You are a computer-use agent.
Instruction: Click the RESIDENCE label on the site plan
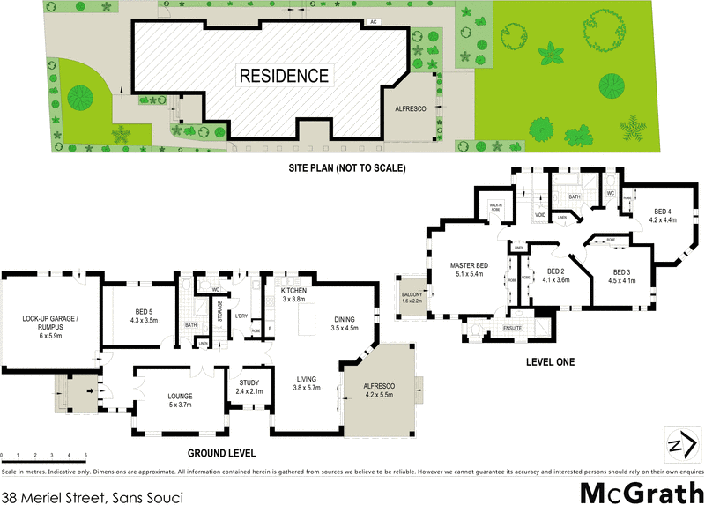coord(284,76)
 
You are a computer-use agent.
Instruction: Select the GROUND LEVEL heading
coord(220,453)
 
